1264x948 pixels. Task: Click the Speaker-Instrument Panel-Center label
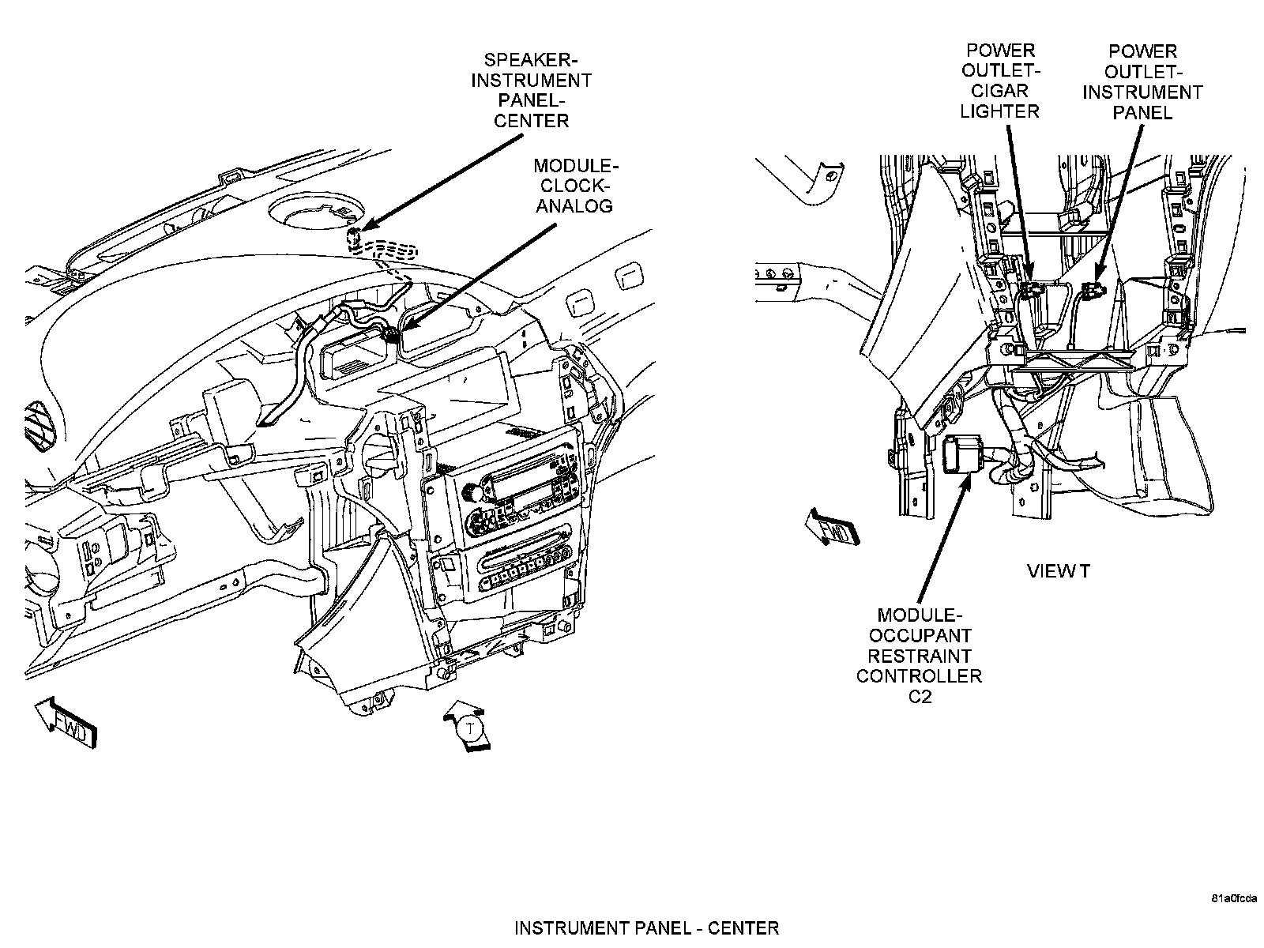(x=531, y=90)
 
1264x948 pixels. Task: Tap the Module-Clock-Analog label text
(x=574, y=186)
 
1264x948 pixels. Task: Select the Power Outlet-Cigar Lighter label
(x=999, y=81)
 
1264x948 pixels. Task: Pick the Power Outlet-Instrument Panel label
(x=1142, y=81)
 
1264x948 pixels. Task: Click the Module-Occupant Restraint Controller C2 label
(x=919, y=655)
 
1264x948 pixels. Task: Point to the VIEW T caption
(x=1059, y=570)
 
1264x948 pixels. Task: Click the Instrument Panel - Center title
(x=646, y=927)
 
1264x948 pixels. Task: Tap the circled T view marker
(x=471, y=727)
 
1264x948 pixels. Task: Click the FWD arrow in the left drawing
(x=67, y=722)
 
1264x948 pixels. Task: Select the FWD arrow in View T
(x=830, y=526)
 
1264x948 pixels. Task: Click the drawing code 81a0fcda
(x=1233, y=899)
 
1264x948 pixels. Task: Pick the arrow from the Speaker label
(x=442, y=182)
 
